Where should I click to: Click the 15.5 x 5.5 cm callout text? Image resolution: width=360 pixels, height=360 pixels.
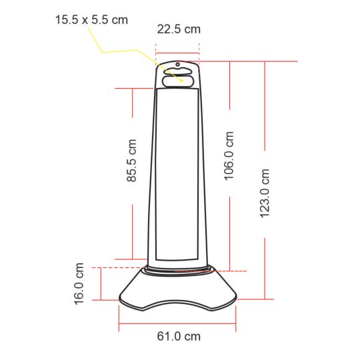coord(91,20)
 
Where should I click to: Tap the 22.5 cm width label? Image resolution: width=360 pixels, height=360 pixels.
coord(179,29)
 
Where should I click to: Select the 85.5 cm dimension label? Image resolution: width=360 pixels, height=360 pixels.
coord(132,161)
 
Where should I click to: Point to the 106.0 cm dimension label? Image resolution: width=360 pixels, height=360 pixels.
coord(229,156)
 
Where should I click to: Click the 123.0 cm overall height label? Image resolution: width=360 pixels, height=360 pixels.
coord(265,193)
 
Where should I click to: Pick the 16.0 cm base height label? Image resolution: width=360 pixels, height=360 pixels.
coord(79,284)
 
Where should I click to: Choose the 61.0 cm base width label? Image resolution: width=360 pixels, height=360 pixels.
coord(179,337)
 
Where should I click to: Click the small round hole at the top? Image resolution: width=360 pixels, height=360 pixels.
coord(178,65)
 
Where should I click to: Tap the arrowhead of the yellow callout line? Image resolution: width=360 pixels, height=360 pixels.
coord(181,80)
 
